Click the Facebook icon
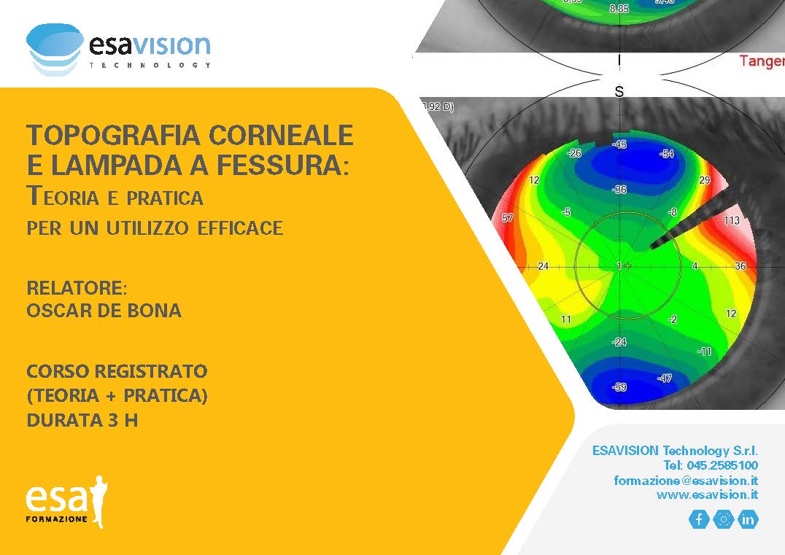pos(699,519)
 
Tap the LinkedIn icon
pos(748,519)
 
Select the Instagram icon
pos(724,519)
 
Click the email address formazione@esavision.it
pos(686,481)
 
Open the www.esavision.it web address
pos(708,495)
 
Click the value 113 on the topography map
pos(732,220)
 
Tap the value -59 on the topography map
pos(619,387)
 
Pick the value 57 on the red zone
pos(508,217)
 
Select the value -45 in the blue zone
pos(619,144)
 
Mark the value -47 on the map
pos(665,379)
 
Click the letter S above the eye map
pos(619,92)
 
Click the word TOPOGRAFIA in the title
pos(113,135)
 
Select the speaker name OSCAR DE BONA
pos(104,311)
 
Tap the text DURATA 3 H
pos(82,420)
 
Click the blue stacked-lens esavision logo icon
pos(55,49)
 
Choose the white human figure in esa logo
pos(100,502)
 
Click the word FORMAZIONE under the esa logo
pos(57,519)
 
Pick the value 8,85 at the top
pos(619,9)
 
